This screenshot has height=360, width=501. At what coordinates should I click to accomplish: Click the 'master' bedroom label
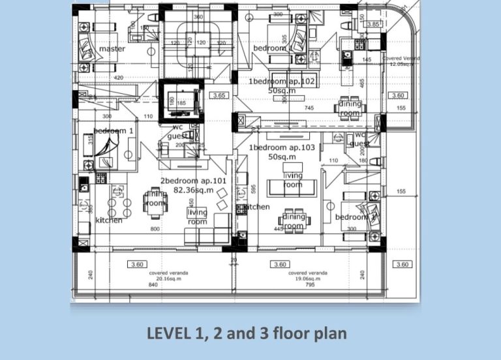coord(112,49)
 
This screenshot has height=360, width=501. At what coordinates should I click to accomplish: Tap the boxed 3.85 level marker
coord(374,24)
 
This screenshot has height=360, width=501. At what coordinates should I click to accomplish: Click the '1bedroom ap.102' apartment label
coord(282,82)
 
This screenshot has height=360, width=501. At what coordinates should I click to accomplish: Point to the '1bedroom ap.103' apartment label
coord(282,148)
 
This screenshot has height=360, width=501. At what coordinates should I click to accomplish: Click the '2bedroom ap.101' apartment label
coord(193,181)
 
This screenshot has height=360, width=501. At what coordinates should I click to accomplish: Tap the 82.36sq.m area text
coord(193,190)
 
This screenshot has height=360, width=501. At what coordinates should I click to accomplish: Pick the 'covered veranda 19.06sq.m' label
coord(308,275)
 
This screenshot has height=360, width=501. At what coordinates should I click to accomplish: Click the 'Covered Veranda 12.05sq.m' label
coord(401,61)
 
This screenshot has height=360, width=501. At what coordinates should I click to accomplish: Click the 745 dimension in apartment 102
coord(309,108)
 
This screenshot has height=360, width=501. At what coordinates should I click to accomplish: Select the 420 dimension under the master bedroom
coord(119,78)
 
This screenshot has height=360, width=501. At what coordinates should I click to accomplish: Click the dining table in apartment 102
coord(350,109)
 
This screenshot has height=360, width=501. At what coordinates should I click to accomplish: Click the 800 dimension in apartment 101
coord(155,230)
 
